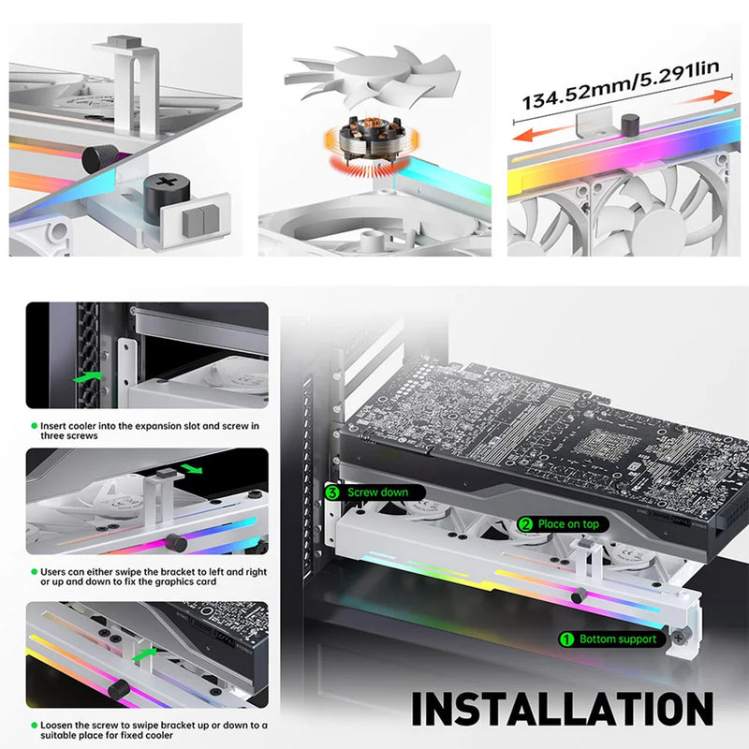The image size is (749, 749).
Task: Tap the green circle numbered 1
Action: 566,639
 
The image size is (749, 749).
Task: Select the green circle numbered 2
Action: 525,524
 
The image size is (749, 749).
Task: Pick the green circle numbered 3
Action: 332,492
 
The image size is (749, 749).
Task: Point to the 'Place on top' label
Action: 567,524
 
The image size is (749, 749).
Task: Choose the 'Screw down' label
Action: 377,492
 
